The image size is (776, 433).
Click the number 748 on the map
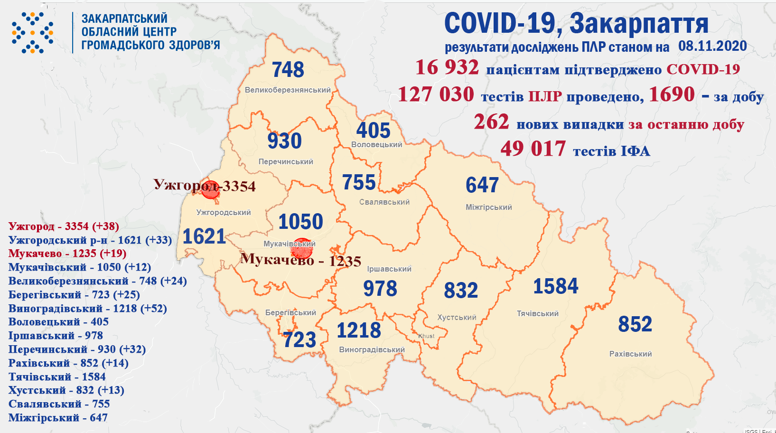pyautogui.click(x=288, y=70)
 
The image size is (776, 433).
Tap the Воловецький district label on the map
pyautogui.click(x=376, y=145)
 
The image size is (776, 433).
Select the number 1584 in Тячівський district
pyautogui.click(x=556, y=286)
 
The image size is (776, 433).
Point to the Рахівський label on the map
pyautogui.click(x=630, y=354)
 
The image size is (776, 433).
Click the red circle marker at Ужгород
pyautogui.click(x=210, y=189)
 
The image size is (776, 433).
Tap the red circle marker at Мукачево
pyautogui.click(x=301, y=248)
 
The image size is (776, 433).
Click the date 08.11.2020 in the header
pyautogui.click(x=712, y=46)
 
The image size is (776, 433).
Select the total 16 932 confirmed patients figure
pyautogui.click(x=447, y=67)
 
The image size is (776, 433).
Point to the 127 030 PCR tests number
pyautogui.click(x=436, y=94)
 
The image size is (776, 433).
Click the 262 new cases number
pyautogui.click(x=491, y=122)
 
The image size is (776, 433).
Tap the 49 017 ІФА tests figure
pyautogui.click(x=533, y=149)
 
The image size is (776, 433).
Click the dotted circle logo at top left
pyautogui.click(x=32, y=33)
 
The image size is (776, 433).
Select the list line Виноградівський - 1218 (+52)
pyautogui.click(x=88, y=309)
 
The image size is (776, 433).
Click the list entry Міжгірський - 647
pyautogui.click(x=58, y=418)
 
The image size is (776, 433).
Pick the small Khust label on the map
pyautogui.click(x=426, y=336)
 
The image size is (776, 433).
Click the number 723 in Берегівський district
pyautogui.click(x=299, y=340)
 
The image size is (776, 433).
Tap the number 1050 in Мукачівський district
pyautogui.click(x=300, y=222)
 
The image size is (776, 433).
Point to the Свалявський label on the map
pyautogui.click(x=384, y=202)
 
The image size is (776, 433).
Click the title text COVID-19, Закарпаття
pyautogui.click(x=576, y=23)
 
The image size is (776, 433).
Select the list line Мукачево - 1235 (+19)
pyautogui.click(x=67, y=254)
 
